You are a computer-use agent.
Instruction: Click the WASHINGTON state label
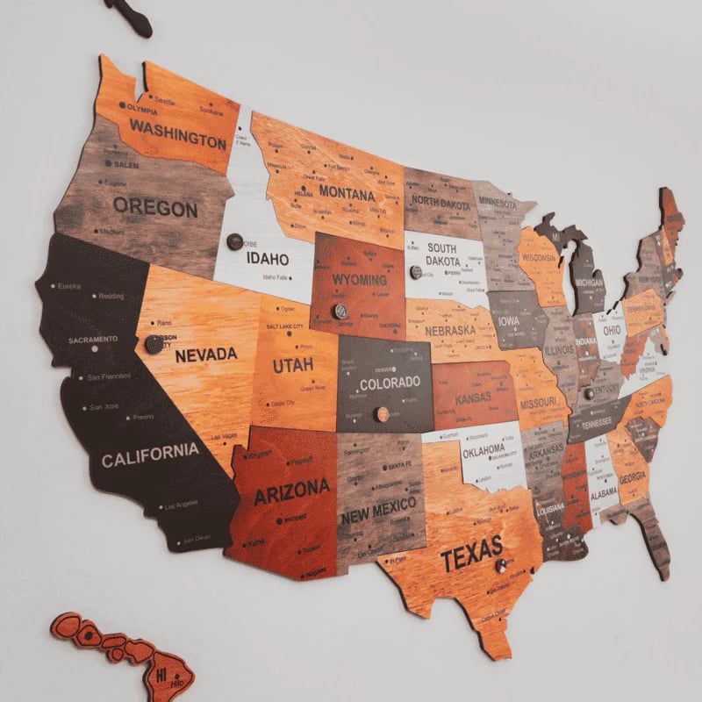178,133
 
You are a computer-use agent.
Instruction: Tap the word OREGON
155,209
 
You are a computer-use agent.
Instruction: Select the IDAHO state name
267,259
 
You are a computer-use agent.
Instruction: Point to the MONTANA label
347,191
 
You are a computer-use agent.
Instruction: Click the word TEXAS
471,553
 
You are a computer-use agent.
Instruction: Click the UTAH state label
292,364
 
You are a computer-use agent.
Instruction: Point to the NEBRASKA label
450,331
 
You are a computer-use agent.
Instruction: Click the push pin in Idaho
235,241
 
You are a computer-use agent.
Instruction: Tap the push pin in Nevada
154,344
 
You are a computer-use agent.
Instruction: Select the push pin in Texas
502,566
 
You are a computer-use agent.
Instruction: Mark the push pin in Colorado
382,414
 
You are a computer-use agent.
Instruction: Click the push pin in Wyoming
340,311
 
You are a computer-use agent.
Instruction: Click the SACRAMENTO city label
93,339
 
